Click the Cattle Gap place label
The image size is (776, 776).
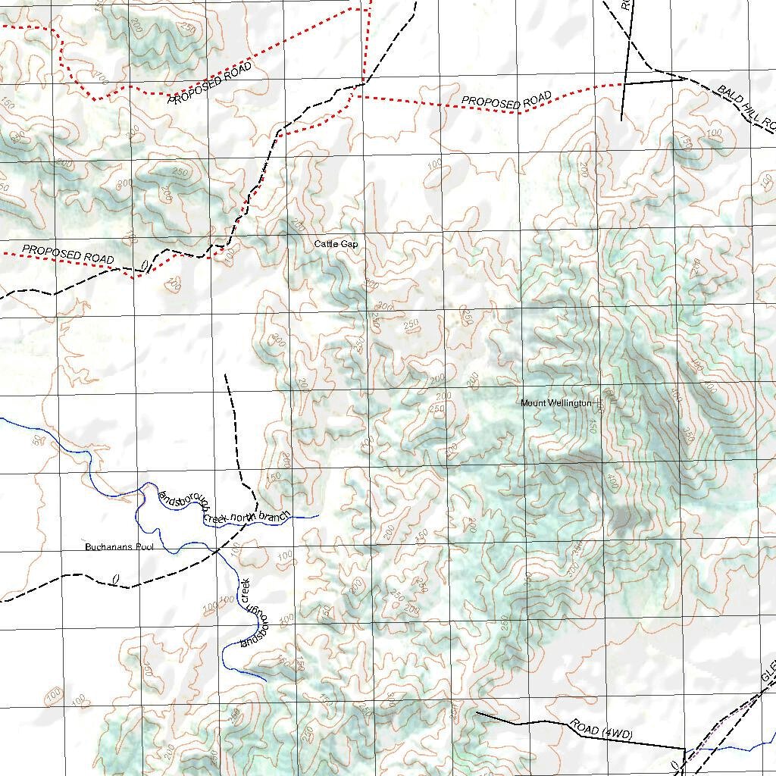coord(336,244)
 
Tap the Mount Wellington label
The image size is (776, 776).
coord(555,403)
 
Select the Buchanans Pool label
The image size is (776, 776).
coord(114,546)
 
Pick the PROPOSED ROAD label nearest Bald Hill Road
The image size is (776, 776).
coord(506,101)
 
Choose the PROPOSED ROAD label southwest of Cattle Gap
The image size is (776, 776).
coord(68,255)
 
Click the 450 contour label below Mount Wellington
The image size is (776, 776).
coord(592,427)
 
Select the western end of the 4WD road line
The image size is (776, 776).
coord(476,712)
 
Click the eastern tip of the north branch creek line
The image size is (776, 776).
coord(318,515)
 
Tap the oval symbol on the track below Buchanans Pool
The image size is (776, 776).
coord(116,580)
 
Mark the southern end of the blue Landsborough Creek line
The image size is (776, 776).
coord(264,679)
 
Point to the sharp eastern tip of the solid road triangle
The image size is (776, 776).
coord(687,77)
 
